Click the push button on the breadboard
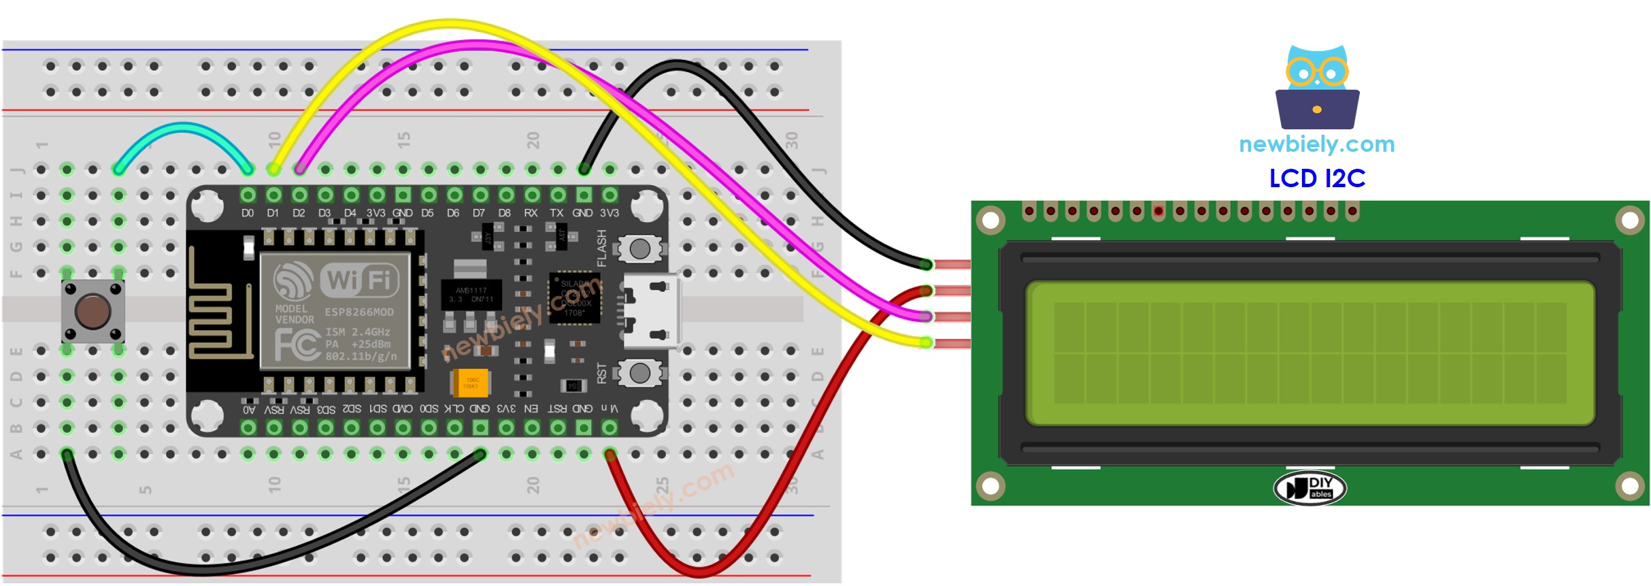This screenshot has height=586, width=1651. (x=93, y=311)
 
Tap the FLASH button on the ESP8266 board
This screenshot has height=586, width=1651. (x=639, y=249)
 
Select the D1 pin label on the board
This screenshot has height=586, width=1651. (x=273, y=213)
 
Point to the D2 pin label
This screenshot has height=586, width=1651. (x=299, y=213)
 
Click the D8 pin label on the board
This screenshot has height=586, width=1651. (x=504, y=213)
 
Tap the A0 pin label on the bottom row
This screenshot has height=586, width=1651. (x=249, y=410)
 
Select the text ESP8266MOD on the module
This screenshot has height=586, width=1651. (x=358, y=312)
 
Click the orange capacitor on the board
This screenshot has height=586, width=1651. (x=470, y=383)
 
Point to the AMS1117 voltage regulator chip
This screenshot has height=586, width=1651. (x=471, y=295)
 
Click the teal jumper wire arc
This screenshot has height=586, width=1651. (x=182, y=127)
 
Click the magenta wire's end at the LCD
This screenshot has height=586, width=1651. (x=925, y=316)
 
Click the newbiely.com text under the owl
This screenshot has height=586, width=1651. (x=1316, y=144)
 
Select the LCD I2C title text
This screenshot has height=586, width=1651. (x=1317, y=178)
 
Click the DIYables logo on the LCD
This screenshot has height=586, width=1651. (x=1310, y=488)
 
